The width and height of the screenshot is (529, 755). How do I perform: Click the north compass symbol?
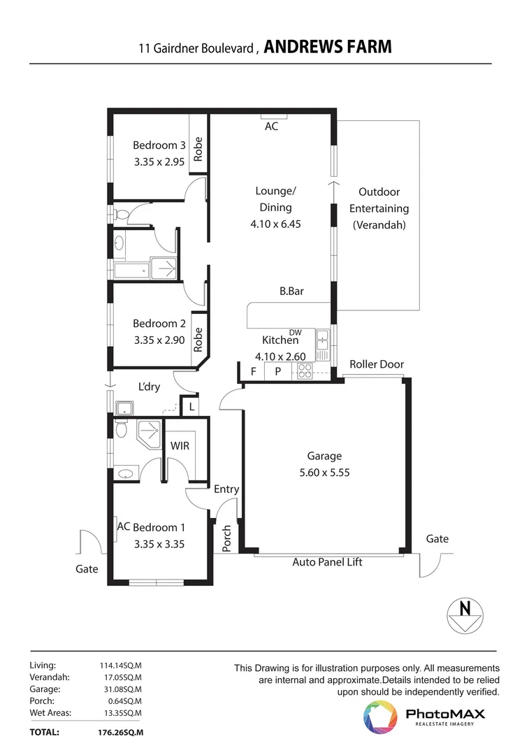tap(465, 615)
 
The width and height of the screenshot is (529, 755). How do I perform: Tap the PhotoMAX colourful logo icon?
tap(380, 717)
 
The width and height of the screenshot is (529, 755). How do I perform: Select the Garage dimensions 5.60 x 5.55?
tap(324, 473)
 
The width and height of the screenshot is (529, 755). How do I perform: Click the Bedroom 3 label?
tap(159, 145)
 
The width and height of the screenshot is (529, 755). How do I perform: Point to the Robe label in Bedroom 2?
tap(198, 340)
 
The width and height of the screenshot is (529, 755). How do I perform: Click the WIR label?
tap(180, 446)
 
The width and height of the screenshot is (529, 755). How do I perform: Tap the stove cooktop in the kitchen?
tap(305, 371)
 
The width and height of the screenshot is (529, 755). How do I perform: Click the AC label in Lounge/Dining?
tap(271, 126)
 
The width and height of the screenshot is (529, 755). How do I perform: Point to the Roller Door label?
tap(377, 364)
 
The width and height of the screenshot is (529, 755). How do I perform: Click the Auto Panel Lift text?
tap(327, 562)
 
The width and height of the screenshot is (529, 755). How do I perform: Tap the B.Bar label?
tap(291, 292)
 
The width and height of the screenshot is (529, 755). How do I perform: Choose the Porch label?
tap(226, 538)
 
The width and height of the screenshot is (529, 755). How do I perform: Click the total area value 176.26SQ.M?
tap(120, 733)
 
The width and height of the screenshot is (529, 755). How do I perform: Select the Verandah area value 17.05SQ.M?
tap(123, 677)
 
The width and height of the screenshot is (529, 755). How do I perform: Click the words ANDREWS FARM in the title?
tap(328, 47)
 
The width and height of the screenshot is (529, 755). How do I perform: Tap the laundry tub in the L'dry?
tap(124, 408)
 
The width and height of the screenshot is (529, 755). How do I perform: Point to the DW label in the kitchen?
tap(295, 332)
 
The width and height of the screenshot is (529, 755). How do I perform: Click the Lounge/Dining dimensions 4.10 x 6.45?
tap(275, 224)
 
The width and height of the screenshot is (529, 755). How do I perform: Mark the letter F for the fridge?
tap(253, 371)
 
